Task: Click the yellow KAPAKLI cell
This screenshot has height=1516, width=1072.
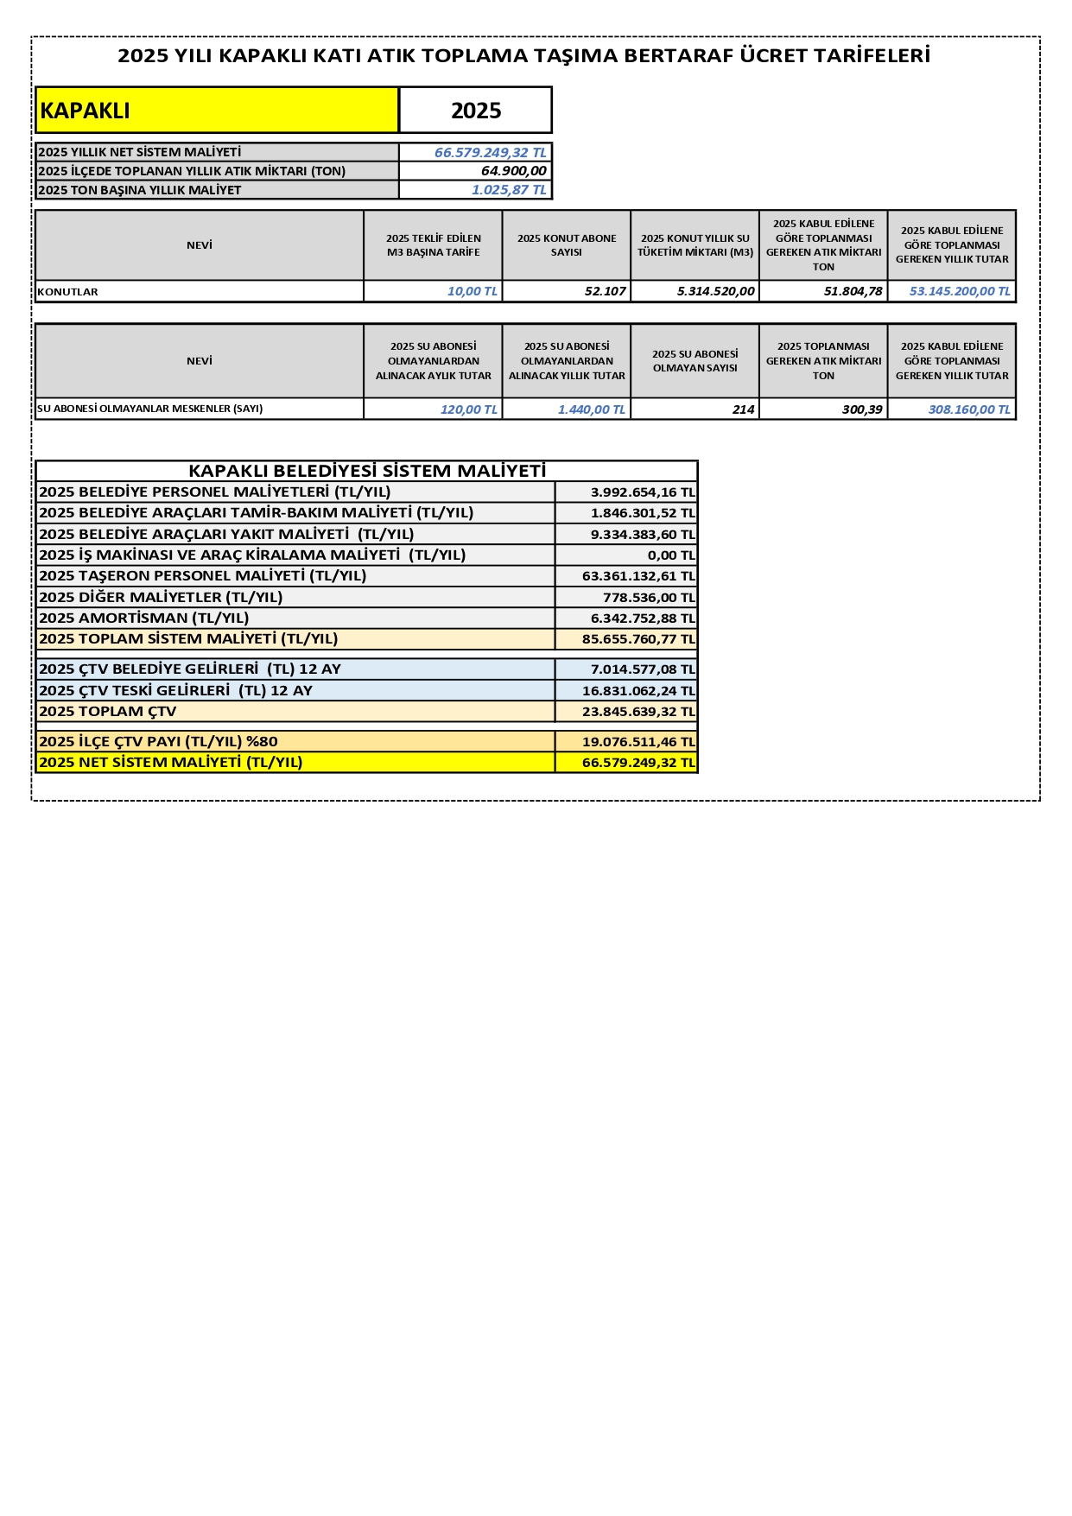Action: click(x=216, y=111)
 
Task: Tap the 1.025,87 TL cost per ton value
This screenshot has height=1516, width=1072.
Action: click(x=509, y=190)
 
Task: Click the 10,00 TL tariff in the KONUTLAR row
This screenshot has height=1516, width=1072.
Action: click(x=472, y=292)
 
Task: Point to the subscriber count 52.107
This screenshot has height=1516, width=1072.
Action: click(x=605, y=292)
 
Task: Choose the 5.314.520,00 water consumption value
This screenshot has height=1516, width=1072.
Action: click(x=715, y=292)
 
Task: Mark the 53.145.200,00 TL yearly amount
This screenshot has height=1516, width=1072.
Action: click(x=959, y=292)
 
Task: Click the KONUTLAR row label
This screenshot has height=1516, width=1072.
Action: click(x=68, y=292)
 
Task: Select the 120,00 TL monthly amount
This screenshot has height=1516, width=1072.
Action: click(x=468, y=409)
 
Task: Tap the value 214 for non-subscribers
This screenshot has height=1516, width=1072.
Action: click(x=743, y=409)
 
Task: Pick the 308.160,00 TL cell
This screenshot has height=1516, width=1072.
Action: click(x=968, y=409)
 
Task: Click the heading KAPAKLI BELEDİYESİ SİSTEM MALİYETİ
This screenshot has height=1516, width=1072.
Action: click(x=367, y=471)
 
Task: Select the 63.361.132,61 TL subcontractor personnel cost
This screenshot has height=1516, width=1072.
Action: click(x=637, y=576)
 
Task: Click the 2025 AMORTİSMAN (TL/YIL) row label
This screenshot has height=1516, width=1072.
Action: click(x=144, y=618)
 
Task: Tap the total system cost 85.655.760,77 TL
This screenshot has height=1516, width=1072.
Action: click(x=637, y=639)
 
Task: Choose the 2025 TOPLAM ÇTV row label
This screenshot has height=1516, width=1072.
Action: click(x=108, y=712)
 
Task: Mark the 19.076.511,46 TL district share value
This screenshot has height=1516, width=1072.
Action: click(x=637, y=741)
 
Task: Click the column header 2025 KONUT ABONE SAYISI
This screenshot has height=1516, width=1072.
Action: click(x=567, y=245)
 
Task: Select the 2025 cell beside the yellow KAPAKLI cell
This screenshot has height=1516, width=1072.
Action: click(x=476, y=111)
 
